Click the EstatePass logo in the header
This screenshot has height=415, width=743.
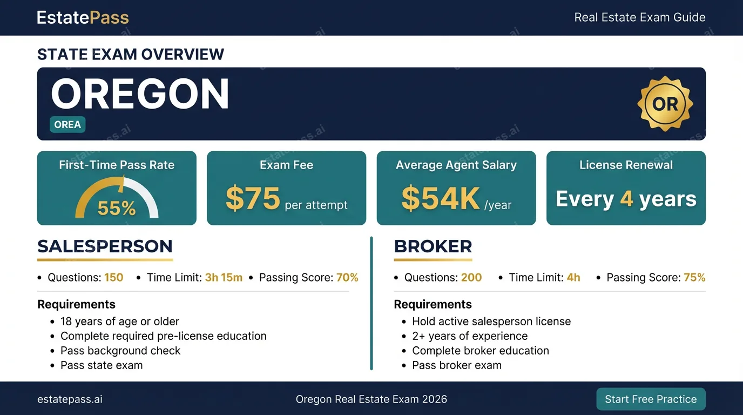[83, 17]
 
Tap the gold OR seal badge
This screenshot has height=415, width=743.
[665, 104]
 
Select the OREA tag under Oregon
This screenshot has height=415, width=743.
[67, 124]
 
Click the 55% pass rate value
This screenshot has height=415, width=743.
[117, 208]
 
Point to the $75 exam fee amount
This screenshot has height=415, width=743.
[253, 198]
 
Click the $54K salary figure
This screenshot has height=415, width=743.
[441, 198]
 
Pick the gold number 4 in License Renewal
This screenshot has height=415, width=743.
[626, 198]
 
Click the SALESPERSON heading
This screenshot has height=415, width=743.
[105, 246]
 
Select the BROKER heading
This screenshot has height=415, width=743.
[433, 246]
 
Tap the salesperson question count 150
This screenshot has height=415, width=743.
[114, 277]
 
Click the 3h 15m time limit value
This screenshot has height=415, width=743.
[224, 277]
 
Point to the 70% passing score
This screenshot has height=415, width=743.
[347, 277]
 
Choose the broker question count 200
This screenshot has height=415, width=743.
[471, 277]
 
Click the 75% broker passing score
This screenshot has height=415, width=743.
[694, 277]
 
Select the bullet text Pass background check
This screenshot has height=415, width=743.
[120, 351]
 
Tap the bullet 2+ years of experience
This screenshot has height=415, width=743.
[470, 336]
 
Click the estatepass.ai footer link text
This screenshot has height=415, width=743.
[70, 399]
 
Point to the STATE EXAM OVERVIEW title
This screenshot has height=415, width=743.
[131, 54]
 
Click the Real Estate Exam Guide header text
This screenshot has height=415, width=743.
[640, 17]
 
